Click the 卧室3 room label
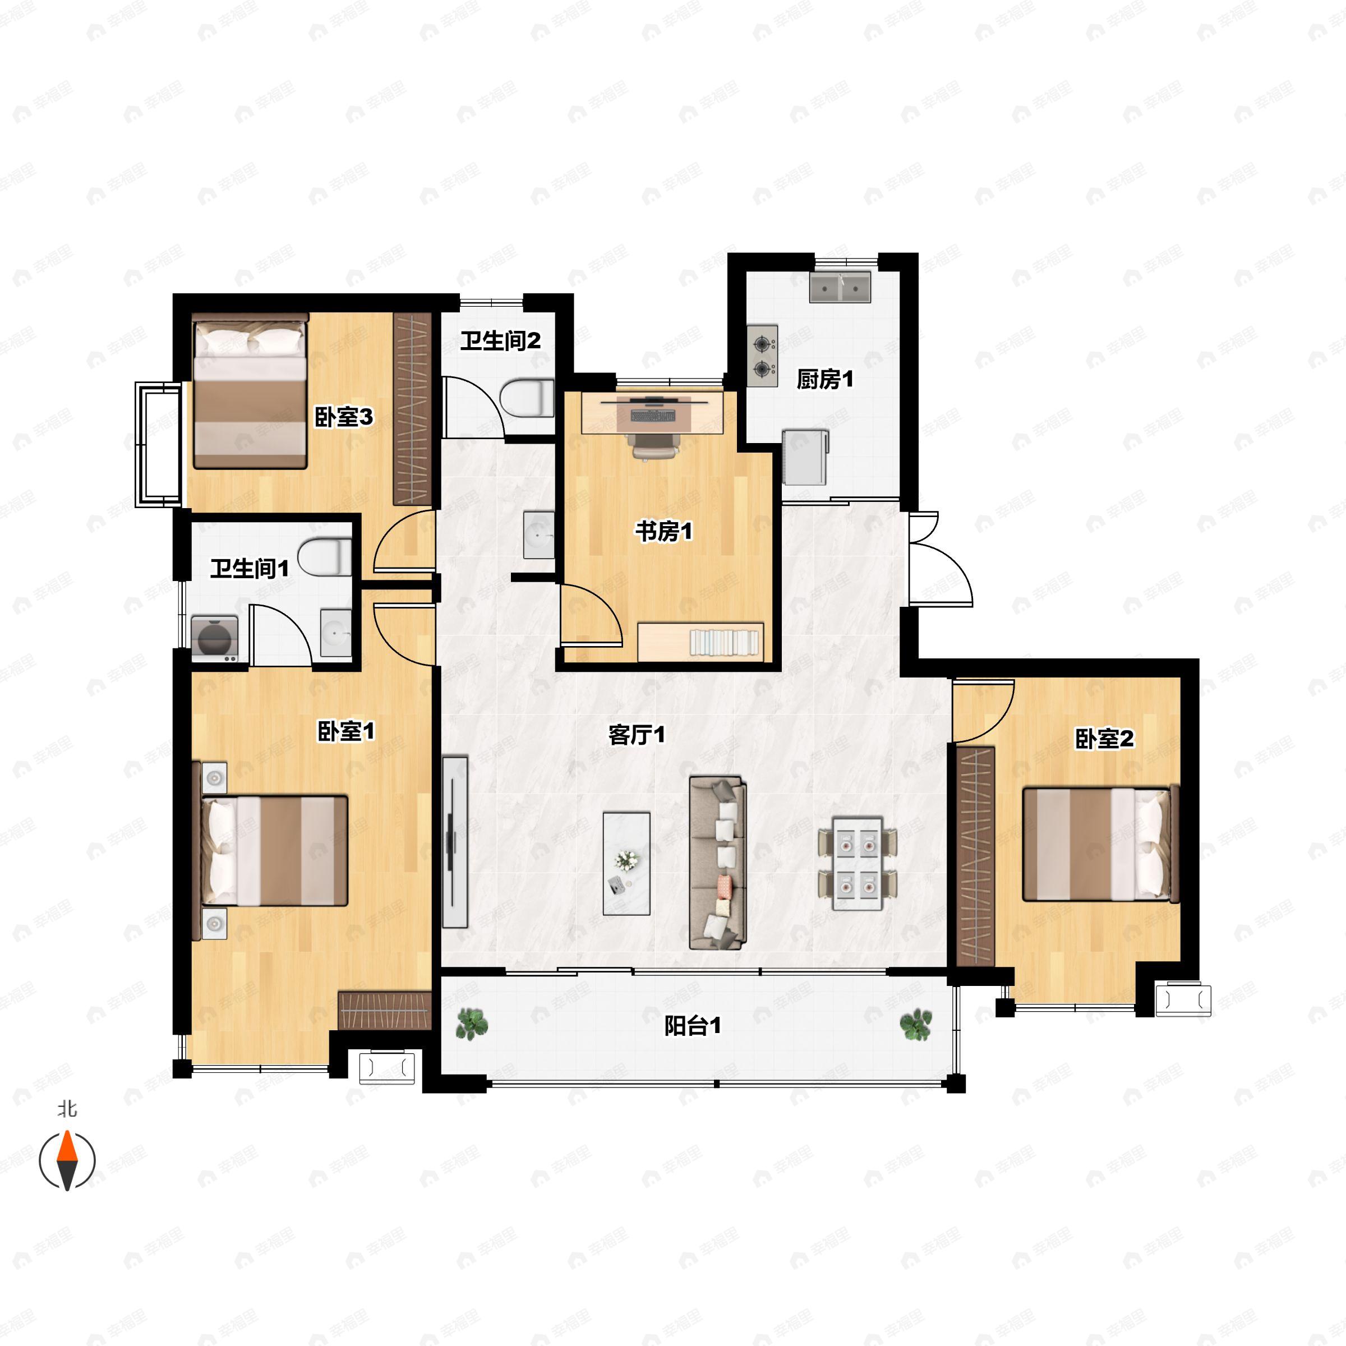click(344, 417)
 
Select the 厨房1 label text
click(825, 379)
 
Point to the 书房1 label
click(663, 532)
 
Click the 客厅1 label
click(636, 735)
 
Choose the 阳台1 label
click(692, 1026)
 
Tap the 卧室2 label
click(1104, 739)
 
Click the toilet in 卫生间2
click(527, 399)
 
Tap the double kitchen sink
click(840, 287)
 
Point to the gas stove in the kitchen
click(763, 356)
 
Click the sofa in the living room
click(718, 863)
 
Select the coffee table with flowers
click(626, 863)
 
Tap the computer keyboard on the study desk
click(653, 415)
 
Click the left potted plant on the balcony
click(472, 1024)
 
